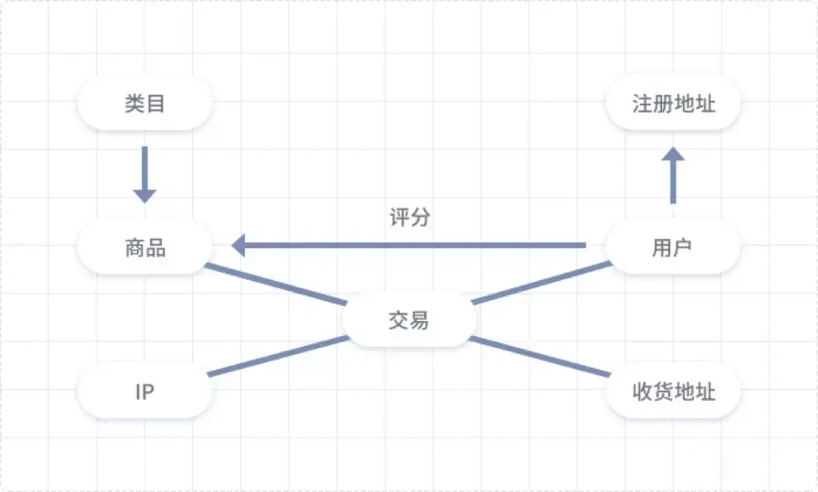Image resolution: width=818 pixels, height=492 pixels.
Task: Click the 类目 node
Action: click(x=144, y=103)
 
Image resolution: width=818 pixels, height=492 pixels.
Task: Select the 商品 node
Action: click(x=144, y=247)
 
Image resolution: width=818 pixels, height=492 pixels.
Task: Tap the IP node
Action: click(x=144, y=391)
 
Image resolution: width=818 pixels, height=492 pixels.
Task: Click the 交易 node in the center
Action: click(x=409, y=320)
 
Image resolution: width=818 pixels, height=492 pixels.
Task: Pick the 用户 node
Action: click(x=673, y=247)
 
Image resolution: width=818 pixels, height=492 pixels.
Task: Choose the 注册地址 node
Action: click(x=673, y=103)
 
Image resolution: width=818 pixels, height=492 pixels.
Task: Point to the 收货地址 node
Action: click(x=673, y=391)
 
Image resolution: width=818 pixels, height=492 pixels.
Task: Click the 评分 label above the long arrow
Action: click(x=410, y=218)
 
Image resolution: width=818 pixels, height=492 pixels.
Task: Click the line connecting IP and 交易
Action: click(x=276, y=356)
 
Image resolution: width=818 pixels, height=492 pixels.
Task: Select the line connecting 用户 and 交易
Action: click(x=542, y=283)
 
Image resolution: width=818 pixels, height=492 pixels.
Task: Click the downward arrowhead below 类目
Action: click(x=144, y=195)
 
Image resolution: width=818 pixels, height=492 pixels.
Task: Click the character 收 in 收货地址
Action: click(x=642, y=391)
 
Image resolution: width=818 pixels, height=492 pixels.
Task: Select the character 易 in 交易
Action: click(x=419, y=320)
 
